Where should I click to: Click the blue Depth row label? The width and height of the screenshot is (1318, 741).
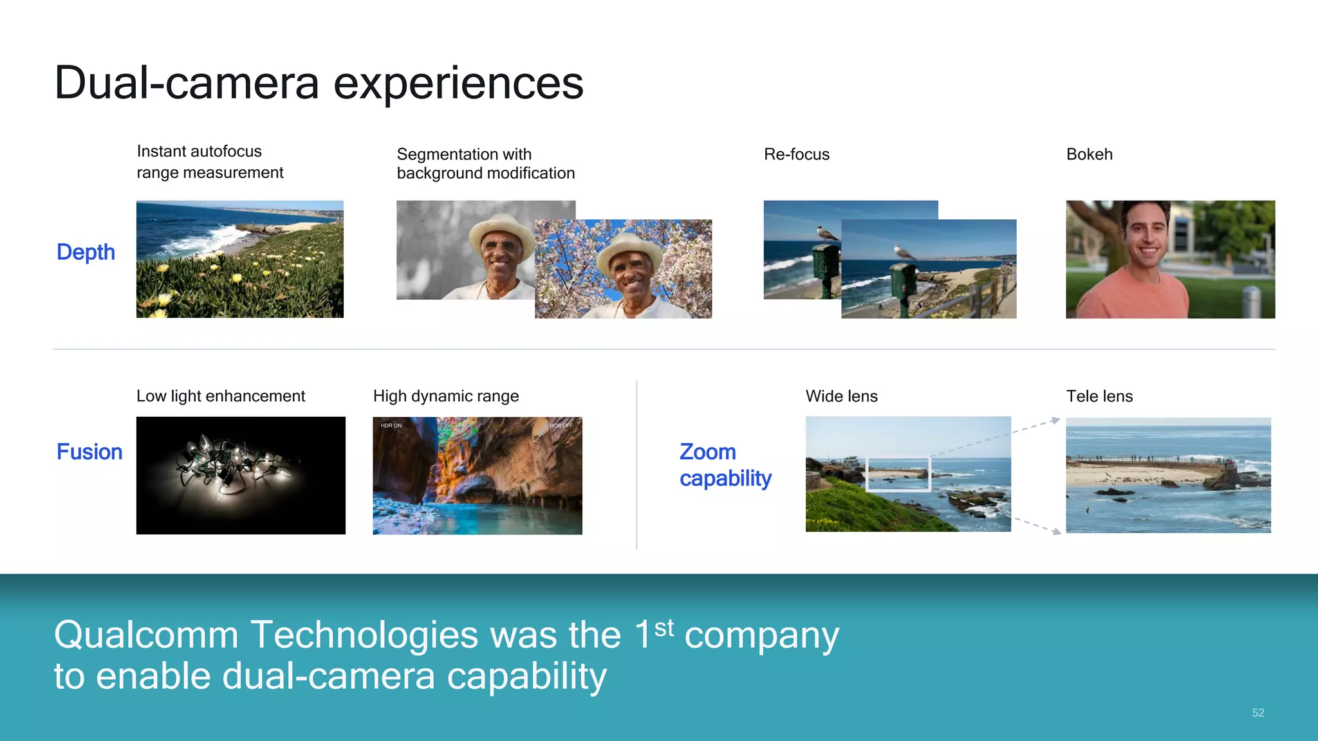pyautogui.click(x=86, y=252)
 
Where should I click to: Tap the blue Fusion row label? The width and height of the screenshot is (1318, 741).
pyautogui.click(x=89, y=452)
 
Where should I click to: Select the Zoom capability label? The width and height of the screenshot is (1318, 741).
pyautogui.click(x=725, y=465)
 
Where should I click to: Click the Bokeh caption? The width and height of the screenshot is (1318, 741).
pyautogui.click(x=1089, y=154)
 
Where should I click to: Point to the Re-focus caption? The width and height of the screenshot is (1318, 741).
pyautogui.click(x=796, y=154)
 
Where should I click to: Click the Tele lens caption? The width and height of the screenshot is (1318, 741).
pyautogui.click(x=1099, y=396)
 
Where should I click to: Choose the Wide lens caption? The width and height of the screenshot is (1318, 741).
pyautogui.click(x=841, y=396)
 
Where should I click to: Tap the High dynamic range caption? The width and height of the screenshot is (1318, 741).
pyautogui.click(x=445, y=396)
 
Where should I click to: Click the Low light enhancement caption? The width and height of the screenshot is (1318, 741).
pyautogui.click(x=221, y=396)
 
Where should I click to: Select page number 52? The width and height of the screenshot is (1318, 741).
pyautogui.click(x=1258, y=713)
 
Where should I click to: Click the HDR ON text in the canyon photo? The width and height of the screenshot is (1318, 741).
pyautogui.click(x=391, y=426)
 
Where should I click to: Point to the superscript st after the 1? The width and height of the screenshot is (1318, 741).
pyautogui.click(x=664, y=627)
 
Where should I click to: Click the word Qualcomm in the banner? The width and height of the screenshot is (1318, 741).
pyautogui.click(x=147, y=635)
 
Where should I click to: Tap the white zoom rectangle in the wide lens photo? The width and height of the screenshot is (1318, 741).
pyautogui.click(x=898, y=475)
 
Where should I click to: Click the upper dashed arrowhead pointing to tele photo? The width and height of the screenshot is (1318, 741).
pyautogui.click(x=1055, y=421)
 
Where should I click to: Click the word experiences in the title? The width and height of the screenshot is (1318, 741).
pyautogui.click(x=458, y=83)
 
